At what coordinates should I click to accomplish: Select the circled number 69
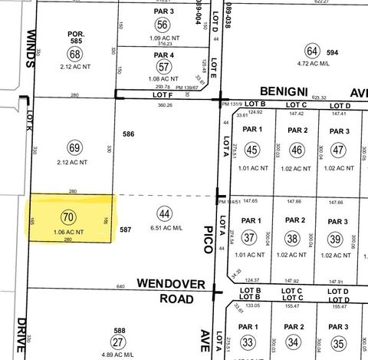[74, 147]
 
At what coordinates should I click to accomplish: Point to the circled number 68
[74, 54]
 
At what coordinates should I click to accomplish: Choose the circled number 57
[163, 67]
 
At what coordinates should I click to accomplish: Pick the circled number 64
[312, 51]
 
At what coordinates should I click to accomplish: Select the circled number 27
[119, 342]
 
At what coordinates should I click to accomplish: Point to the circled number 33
[248, 342]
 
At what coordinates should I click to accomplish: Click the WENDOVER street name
[171, 284]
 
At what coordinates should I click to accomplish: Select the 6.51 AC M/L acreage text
[165, 227]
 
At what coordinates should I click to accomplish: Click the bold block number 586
[129, 134]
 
